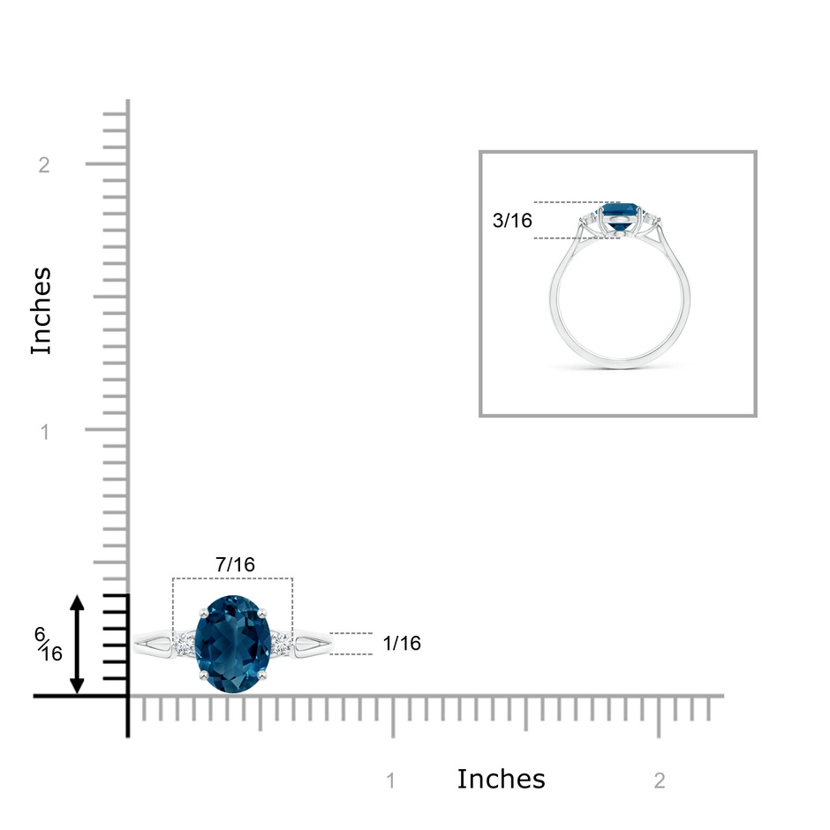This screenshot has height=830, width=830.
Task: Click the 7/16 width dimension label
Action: pyautogui.click(x=235, y=565)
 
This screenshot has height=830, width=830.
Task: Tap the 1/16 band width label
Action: pyautogui.click(x=402, y=643)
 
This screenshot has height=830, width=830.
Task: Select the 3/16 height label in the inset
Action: pyautogui.click(x=512, y=220)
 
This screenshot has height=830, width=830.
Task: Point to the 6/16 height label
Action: pyautogui.click(x=49, y=645)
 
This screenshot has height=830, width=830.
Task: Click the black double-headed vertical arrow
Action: pyautogui.click(x=78, y=645)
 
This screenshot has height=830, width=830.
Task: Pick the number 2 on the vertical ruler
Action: pyautogui.click(x=44, y=165)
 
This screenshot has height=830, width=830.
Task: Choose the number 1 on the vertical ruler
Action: pyautogui.click(x=45, y=432)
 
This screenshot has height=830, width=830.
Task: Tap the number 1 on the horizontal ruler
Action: pyautogui.click(x=390, y=781)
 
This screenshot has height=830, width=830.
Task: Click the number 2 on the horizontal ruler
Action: pyautogui.click(x=659, y=781)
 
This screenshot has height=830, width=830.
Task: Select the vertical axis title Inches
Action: pyautogui.click(x=41, y=311)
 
